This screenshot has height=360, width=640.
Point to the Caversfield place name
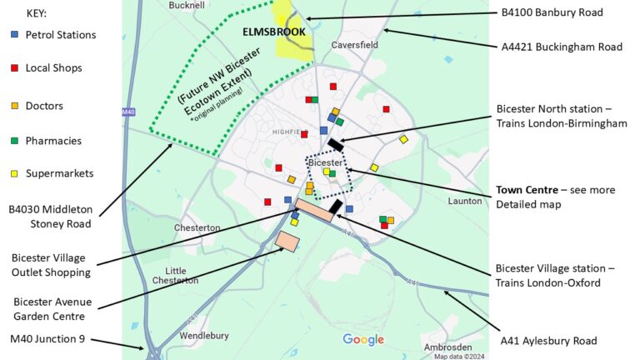click(354, 44)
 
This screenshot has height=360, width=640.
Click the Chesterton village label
click(197, 227)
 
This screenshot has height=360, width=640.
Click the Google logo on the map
click(363, 339)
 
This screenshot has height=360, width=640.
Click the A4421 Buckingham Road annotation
click(561, 47)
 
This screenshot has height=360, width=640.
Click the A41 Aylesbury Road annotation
click(548, 341)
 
